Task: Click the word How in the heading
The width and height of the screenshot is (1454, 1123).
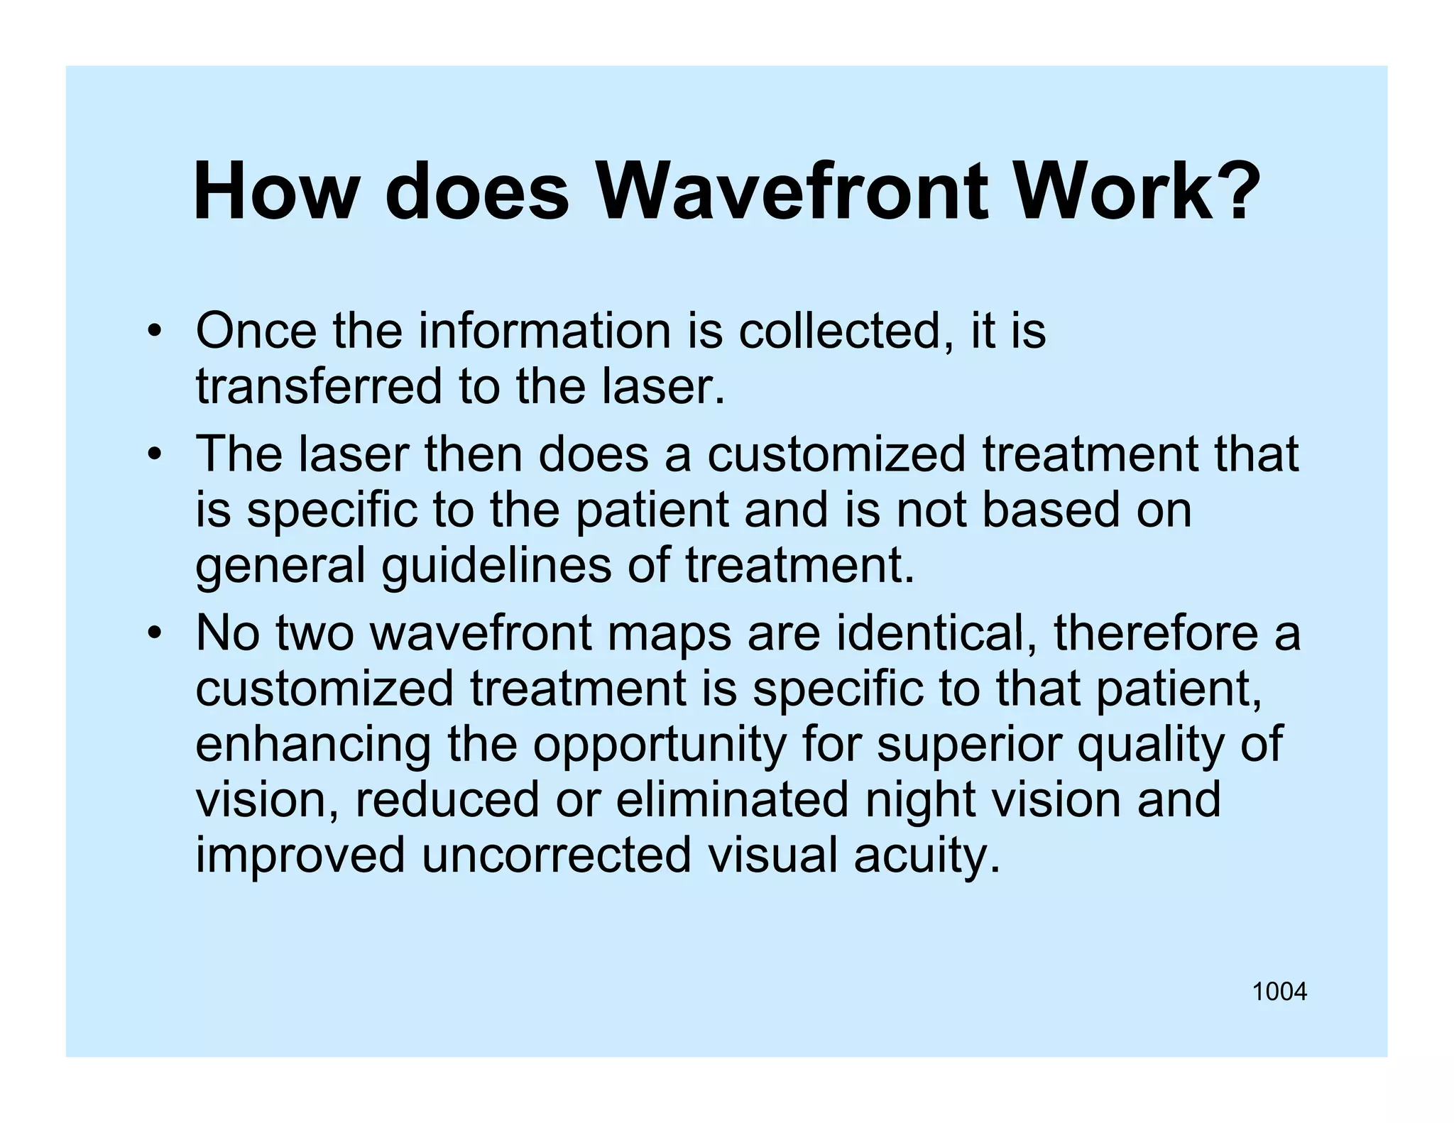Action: click(x=273, y=192)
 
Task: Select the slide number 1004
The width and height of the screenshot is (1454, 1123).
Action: click(x=1279, y=992)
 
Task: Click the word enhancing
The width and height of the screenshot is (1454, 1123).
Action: click(x=312, y=745)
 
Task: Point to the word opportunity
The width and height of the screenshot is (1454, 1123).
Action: click(x=660, y=745)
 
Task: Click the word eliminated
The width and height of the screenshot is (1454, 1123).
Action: click(x=732, y=799)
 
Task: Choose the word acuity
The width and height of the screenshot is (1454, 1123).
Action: click(x=926, y=856)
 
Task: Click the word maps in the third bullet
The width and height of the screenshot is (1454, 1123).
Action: click(x=669, y=634)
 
